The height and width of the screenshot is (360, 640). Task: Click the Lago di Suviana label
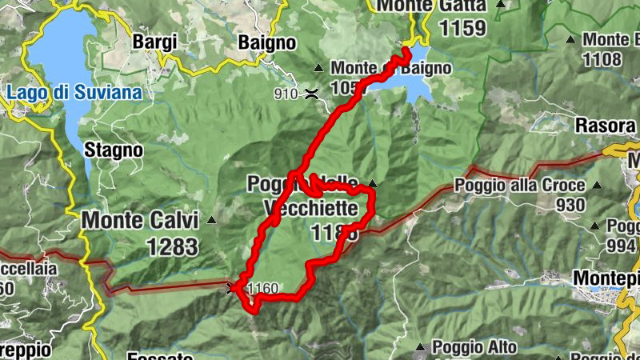point(74,93)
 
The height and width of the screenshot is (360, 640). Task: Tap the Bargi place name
point(154,42)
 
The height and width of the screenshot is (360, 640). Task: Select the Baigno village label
point(267,42)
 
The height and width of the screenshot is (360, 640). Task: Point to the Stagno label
point(114,150)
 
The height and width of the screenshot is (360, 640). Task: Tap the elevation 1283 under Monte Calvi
point(172,245)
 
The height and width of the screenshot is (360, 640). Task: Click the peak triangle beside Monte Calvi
point(212,219)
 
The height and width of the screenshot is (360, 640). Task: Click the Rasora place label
point(606,126)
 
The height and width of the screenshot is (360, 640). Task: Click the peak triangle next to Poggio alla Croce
point(596,186)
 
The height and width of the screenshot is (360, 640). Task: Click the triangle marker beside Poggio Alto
point(421,348)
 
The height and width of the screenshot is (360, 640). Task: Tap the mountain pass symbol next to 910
point(311,94)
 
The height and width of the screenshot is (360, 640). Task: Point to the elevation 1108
point(602,58)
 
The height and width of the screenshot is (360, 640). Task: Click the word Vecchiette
point(310,208)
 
